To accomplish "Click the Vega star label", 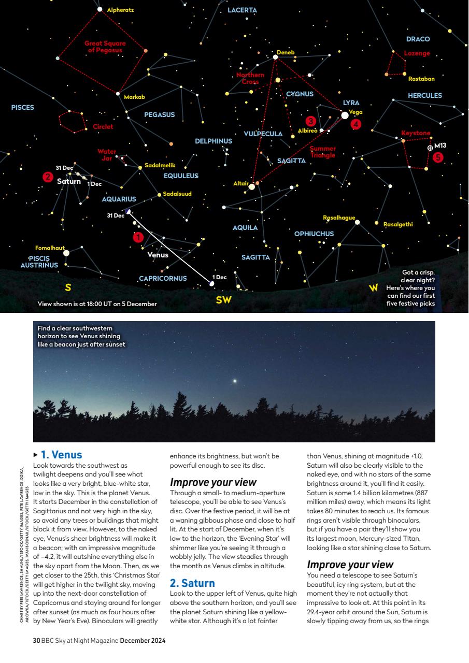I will tap(356, 112).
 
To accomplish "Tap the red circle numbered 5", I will tap(438, 157).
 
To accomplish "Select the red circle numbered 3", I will tap(310, 121).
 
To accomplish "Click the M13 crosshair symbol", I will tap(430, 148).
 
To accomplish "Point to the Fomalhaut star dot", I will tap(66, 253).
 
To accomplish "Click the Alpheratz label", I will tap(120, 10).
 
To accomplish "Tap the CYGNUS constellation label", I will tap(300, 94).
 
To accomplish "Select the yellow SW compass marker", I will tap(223, 300).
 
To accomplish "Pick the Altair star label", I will tap(240, 183).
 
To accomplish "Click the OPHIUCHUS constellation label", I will tap(314, 234).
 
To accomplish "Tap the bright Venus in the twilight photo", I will tap(236, 381).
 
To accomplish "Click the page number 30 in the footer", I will tap(36, 641).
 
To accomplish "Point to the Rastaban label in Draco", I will tap(421, 79).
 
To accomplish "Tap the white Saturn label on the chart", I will tap(69, 181).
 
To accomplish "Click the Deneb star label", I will tap(285, 52).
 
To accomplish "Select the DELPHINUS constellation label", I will tap(213, 141).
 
